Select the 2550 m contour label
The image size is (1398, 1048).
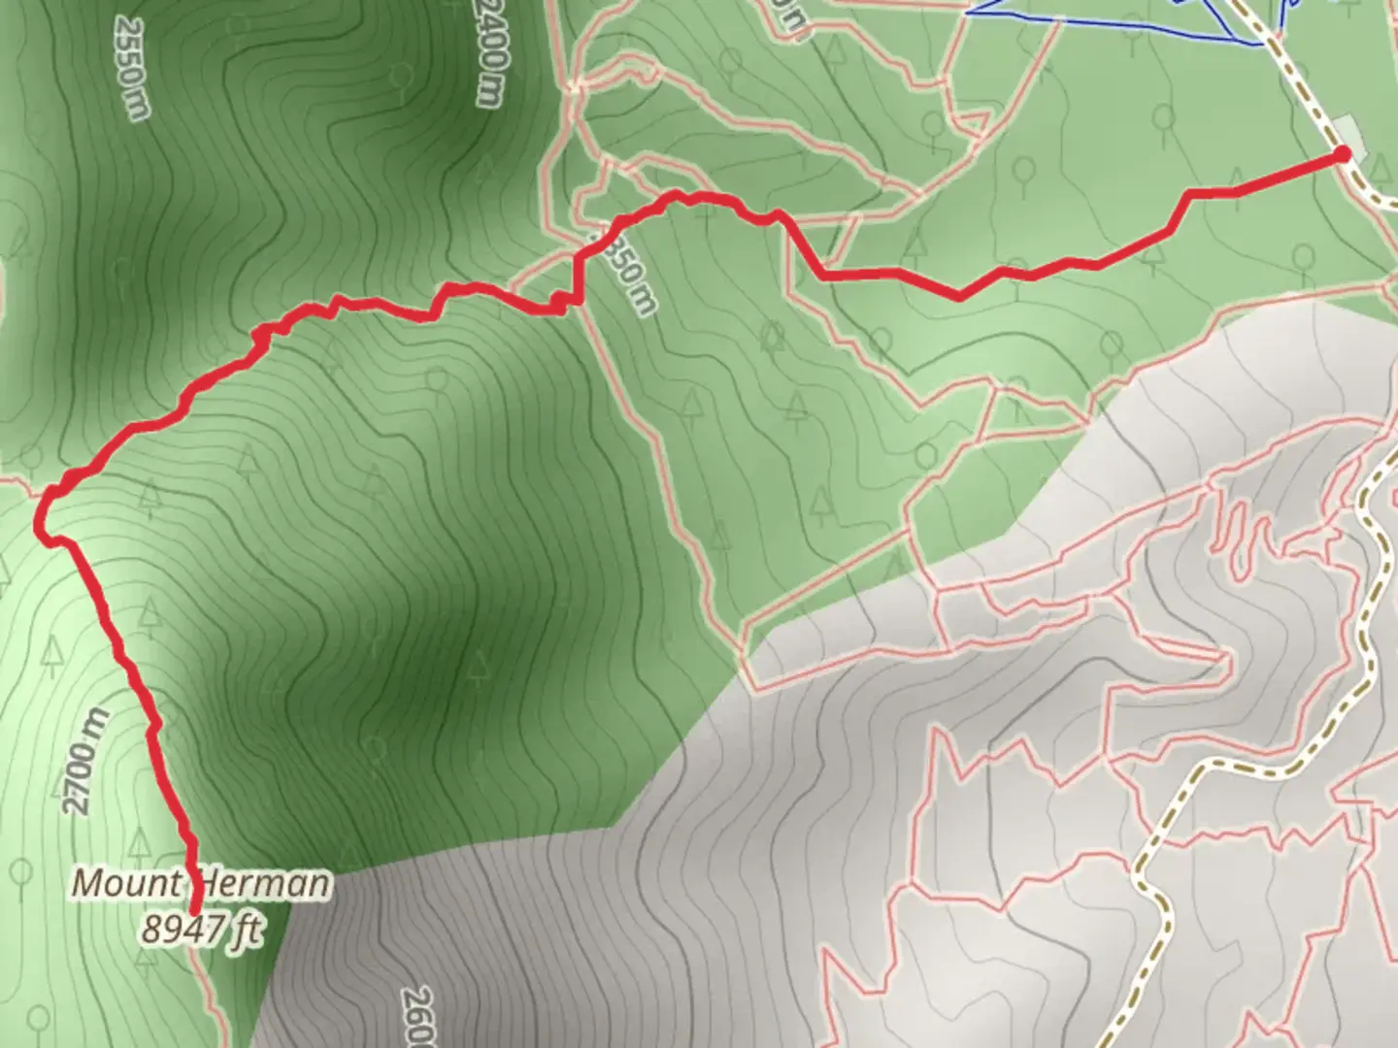[x=131, y=68]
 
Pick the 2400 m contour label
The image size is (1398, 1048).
[x=491, y=53]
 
